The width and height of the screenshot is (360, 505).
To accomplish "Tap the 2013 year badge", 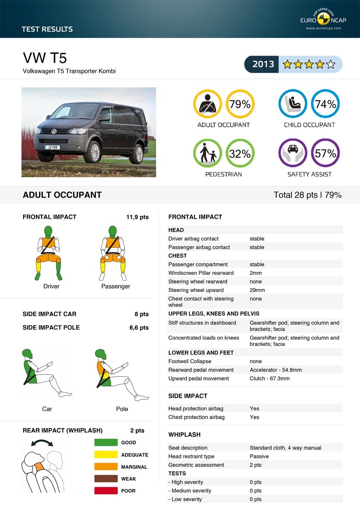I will click(263, 64).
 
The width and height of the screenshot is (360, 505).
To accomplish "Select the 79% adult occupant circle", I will click(240, 104).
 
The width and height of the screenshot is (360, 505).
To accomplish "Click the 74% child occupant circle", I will click(326, 104).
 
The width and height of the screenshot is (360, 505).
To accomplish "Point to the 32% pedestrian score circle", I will click(240, 154).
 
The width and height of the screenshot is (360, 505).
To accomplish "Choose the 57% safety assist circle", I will click(326, 154).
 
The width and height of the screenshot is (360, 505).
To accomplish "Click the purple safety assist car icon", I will click(293, 153).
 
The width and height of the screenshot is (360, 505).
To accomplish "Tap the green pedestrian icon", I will click(207, 153).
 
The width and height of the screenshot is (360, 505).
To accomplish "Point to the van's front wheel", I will click(93, 151).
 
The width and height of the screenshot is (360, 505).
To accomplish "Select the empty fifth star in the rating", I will click(331, 64).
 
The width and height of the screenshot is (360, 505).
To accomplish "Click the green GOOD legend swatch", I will click(106, 442).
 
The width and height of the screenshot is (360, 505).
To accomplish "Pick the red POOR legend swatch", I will click(106, 491).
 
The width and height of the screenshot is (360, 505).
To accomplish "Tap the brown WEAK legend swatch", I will click(106, 478).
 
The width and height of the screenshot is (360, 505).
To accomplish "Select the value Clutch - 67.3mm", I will click(270, 379).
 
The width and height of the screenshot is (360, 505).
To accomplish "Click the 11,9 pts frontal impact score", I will click(137, 217).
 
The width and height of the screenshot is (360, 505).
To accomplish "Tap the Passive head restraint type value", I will click(259, 457).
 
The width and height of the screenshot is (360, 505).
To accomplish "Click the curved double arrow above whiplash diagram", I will click(42, 443).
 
